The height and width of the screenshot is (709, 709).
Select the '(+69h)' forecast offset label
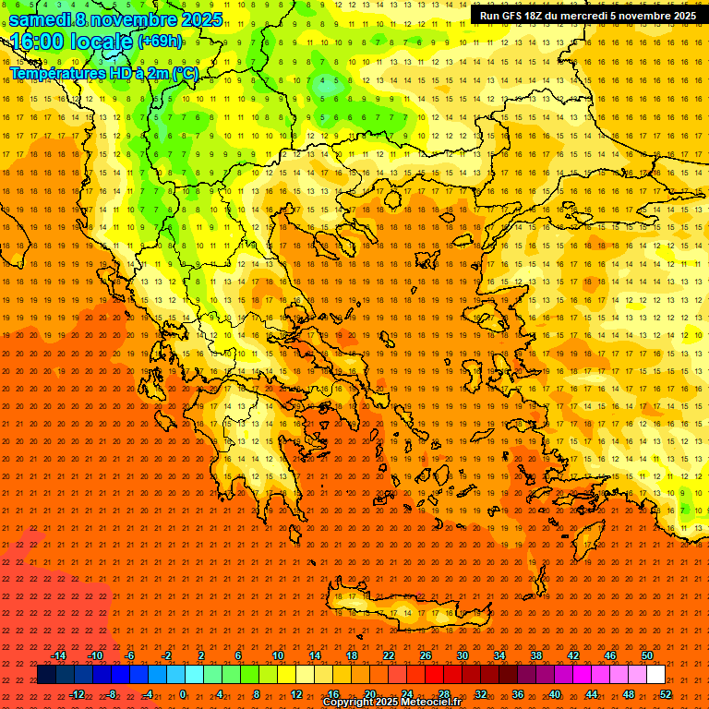(x=160, y=42)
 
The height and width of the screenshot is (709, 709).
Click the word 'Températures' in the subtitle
(x=57, y=74)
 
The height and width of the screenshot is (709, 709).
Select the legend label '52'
(x=666, y=694)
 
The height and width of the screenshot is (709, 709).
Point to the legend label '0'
(x=182, y=694)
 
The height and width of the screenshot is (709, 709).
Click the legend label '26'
(x=426, y=655)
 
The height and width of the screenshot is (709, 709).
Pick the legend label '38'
(x=536, y=655)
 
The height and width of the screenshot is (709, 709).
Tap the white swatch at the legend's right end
(x=655, y=675)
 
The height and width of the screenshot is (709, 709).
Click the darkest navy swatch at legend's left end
(x=46, y=675)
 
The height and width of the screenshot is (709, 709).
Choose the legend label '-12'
(x=78, y=694)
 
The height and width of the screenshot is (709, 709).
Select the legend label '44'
(x=592, y=694)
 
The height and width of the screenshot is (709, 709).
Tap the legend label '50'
(x=647, y=655)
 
